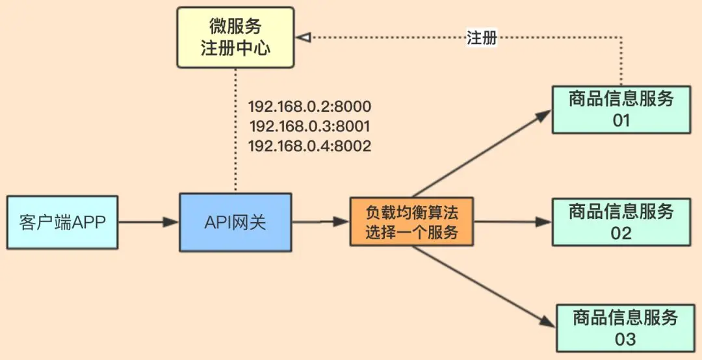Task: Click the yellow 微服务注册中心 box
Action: coord(235,38)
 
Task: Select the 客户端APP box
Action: coord(62,222)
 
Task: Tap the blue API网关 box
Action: coord(235,222)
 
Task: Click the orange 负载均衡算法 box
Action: coord(411,221)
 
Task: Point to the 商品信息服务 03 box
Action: coord(625,328)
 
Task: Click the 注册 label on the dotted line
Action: coord(482,38)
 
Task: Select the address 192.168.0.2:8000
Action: coord(310,107)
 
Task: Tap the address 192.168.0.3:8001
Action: coord(309,127)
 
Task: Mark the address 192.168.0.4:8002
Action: coord(310,146)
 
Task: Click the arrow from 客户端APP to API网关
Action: coord(149,222)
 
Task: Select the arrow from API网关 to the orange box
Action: coord(320,221)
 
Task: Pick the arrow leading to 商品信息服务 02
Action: coord(513,221)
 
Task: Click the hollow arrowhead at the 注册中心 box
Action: coord(303,38)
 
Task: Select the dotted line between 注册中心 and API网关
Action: coord(235,131)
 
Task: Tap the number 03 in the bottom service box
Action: coord(625,339)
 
